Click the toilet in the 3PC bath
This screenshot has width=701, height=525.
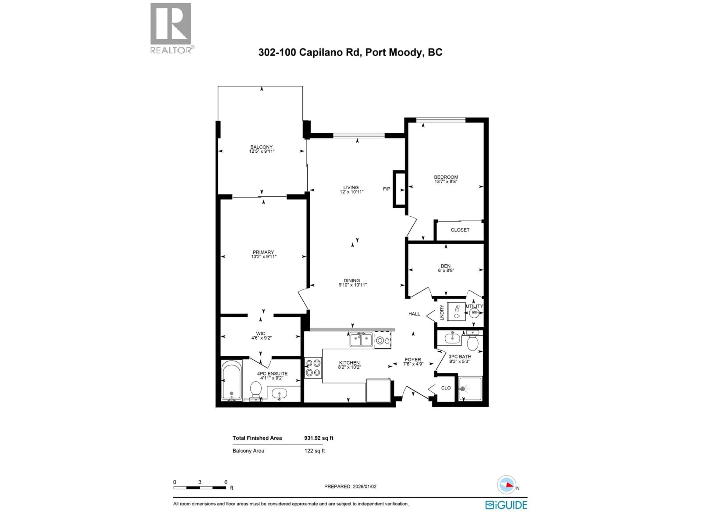click(x=472, y=343)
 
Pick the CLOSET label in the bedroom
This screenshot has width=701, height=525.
click(x=460, y=230)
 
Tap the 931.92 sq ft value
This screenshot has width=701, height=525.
click(x=319, y=438)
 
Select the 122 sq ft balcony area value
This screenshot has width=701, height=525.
click(x=314, y=451)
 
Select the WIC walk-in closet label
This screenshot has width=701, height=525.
click(x=261, y=334)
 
